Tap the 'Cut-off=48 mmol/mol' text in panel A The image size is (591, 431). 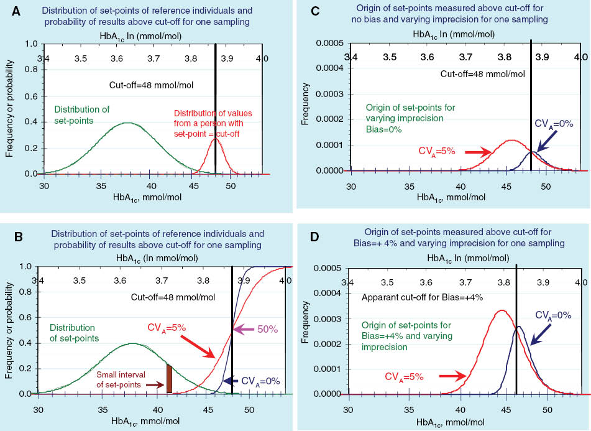149,86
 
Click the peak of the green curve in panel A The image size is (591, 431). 127,123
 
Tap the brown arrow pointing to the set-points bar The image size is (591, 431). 151,385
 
